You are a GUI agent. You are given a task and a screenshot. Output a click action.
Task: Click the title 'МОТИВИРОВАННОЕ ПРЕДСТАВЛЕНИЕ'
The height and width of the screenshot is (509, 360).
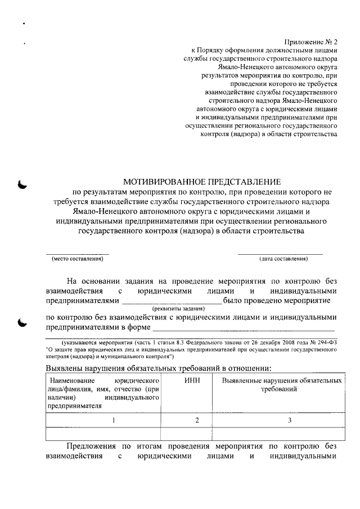[x=201, y=182]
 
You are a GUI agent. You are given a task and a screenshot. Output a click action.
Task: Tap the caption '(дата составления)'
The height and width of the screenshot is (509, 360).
[x=283, y=259]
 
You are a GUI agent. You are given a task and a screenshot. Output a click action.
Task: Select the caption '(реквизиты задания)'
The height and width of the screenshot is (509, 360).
[x=179, y=309]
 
